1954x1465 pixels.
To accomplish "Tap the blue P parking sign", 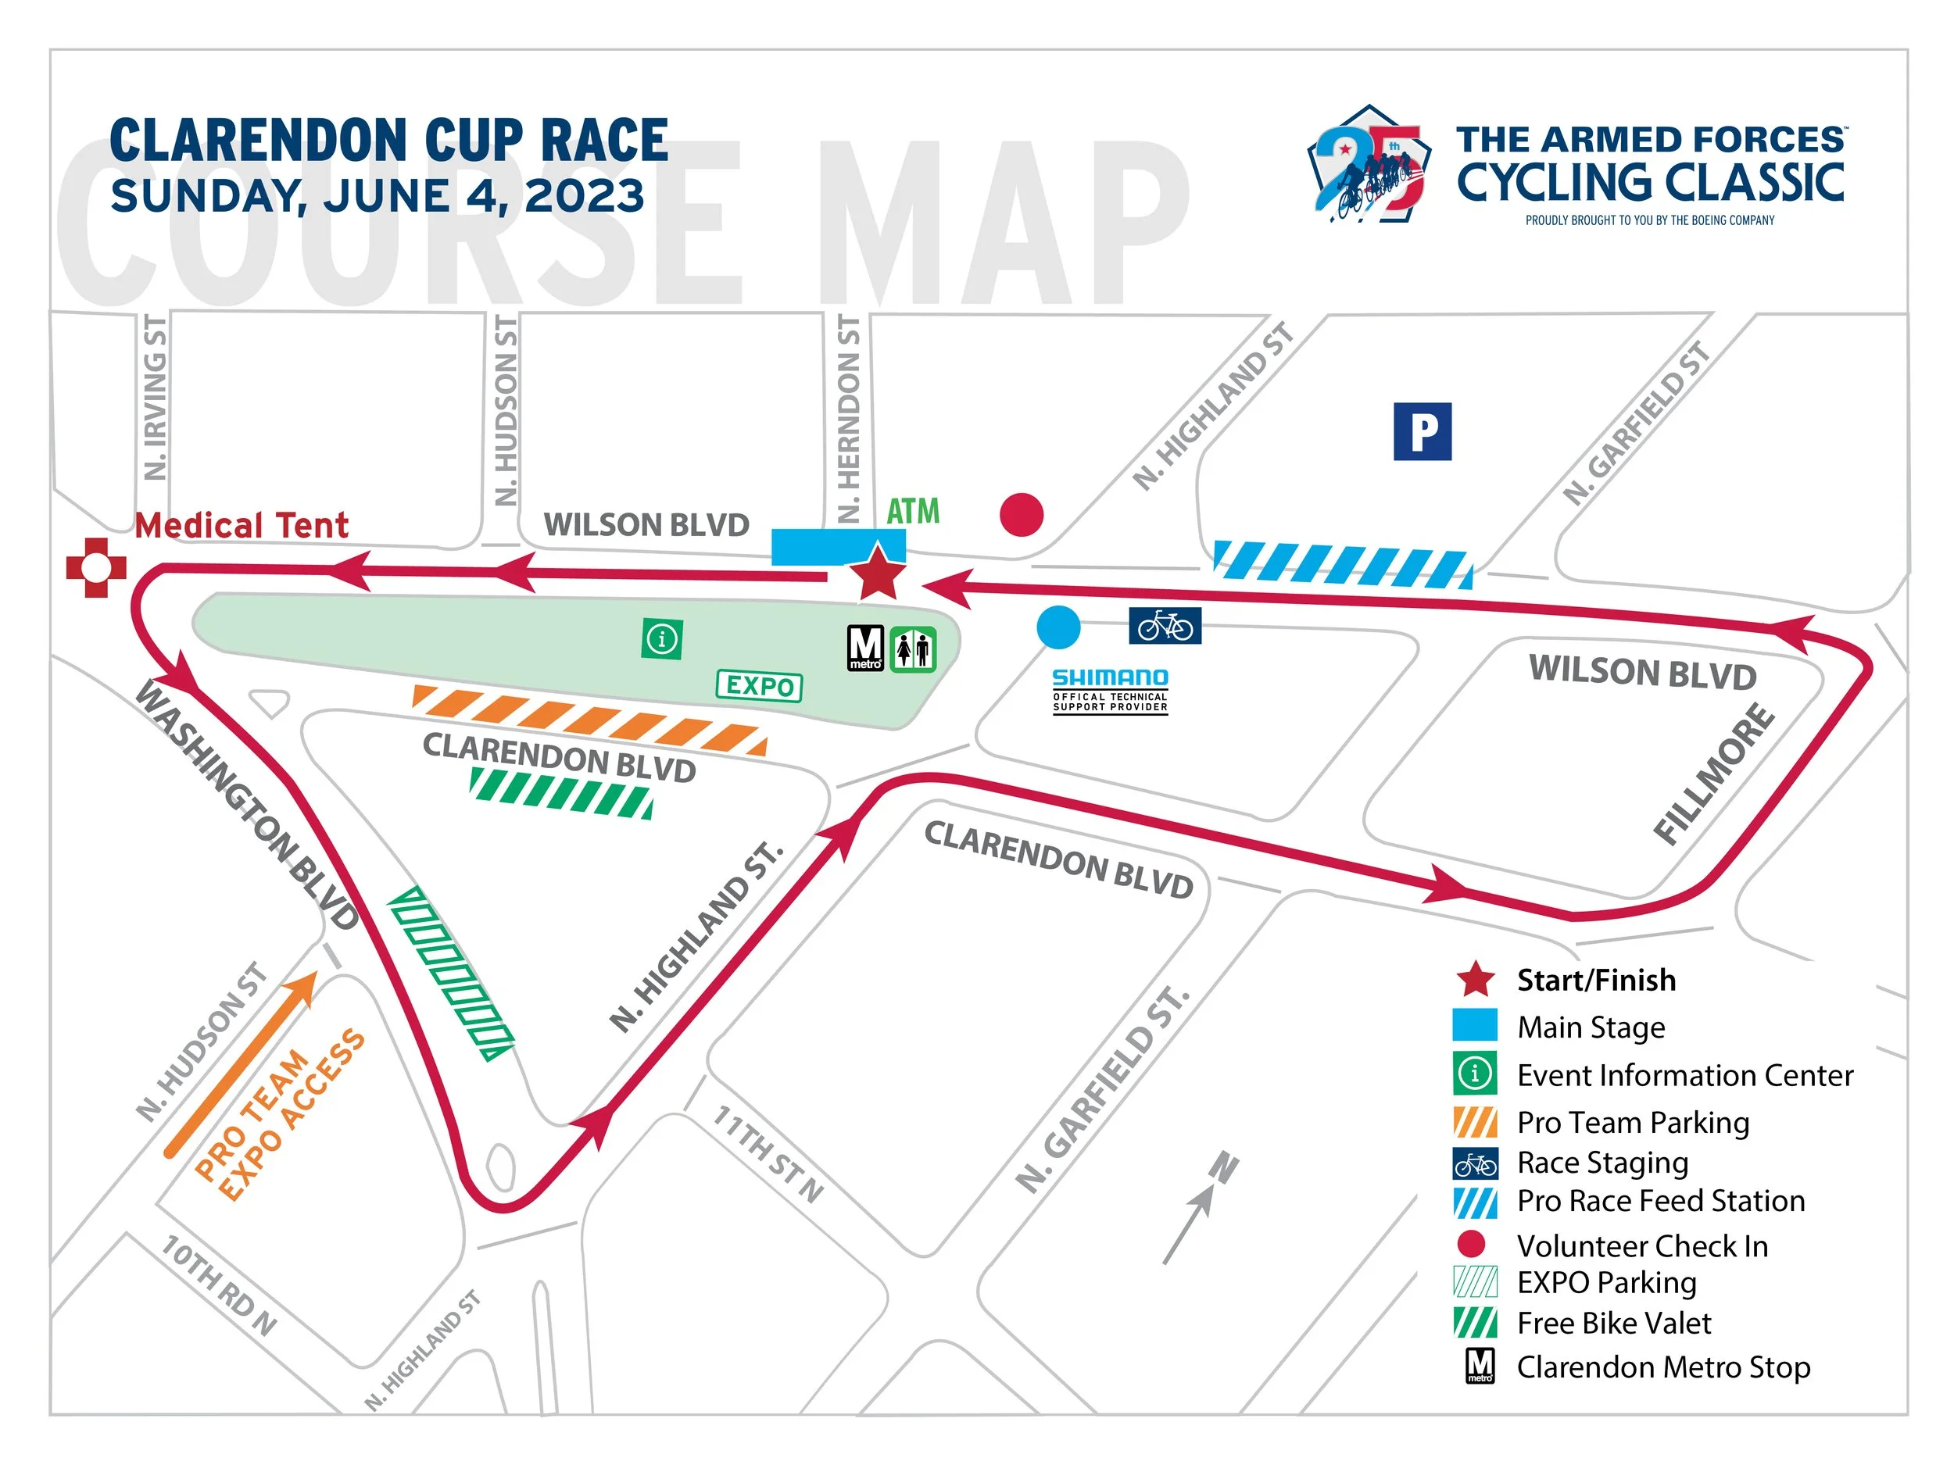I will (1423, 432).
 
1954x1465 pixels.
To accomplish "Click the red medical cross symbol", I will (96, 568).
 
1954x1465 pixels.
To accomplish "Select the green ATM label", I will (912, 511).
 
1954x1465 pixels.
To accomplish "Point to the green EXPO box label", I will (759, 685).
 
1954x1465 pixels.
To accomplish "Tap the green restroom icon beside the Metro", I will (912, 650).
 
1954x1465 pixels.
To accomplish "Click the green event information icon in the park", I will (662, 638).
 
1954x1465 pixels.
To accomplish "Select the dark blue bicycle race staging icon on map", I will (1165, 626).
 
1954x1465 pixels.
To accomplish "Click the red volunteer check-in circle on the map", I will (1022, 514).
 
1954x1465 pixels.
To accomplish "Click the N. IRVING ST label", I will (155, 398).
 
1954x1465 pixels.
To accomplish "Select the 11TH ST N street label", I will (767, 1153).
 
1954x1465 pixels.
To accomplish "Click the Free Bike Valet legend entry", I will (1613, 1323).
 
